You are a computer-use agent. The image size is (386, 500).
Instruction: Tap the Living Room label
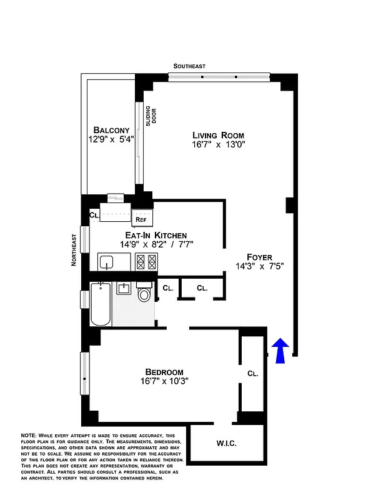(218, 135)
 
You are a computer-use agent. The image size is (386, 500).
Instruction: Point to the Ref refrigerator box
(141, 219)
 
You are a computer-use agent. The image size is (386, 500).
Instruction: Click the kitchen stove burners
(146, 261)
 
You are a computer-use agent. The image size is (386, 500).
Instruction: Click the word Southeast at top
(189, 66)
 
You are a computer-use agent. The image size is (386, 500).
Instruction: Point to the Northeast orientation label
(74, 251)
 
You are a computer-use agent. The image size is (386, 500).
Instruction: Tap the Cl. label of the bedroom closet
(253, 373)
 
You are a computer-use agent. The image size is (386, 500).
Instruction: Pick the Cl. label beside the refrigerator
(94, 215)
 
